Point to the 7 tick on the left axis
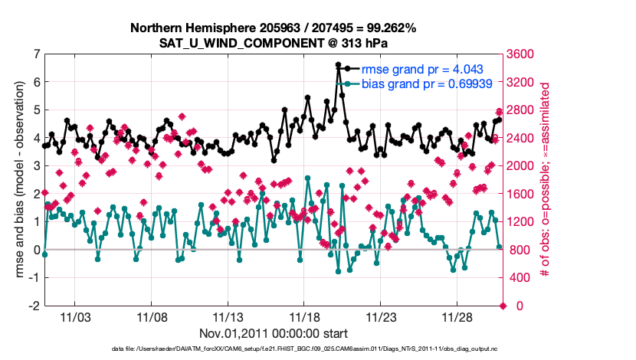pos(35,54)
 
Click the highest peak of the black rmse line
pos(339,65)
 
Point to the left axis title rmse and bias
pos(17,180)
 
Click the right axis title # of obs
pos(546,180)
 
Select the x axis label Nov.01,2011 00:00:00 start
pos(273,334)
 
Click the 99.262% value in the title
pos(386,28)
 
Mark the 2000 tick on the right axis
pos(523,165)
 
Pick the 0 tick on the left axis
pos(35,250)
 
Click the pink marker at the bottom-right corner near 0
pos(503,306)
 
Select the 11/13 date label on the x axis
pos(228,317)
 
